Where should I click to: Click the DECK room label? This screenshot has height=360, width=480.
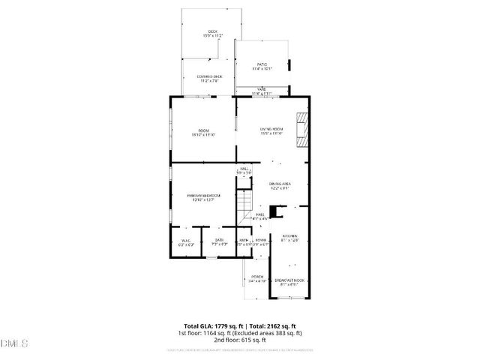point(202,32)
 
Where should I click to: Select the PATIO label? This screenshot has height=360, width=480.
point(262,66)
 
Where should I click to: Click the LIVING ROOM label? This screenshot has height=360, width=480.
point(271,130)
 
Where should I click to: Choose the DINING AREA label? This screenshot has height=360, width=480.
point(280,185)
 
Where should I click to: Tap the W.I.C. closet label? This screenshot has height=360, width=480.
point(187,241)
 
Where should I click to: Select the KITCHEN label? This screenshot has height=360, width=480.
point(289,237)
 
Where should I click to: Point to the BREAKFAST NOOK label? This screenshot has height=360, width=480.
point(289,281)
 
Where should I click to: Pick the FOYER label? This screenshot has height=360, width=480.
point(260,241)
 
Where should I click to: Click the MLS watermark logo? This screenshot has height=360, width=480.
point(14,344)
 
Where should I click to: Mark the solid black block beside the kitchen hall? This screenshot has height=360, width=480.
point(274,212)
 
